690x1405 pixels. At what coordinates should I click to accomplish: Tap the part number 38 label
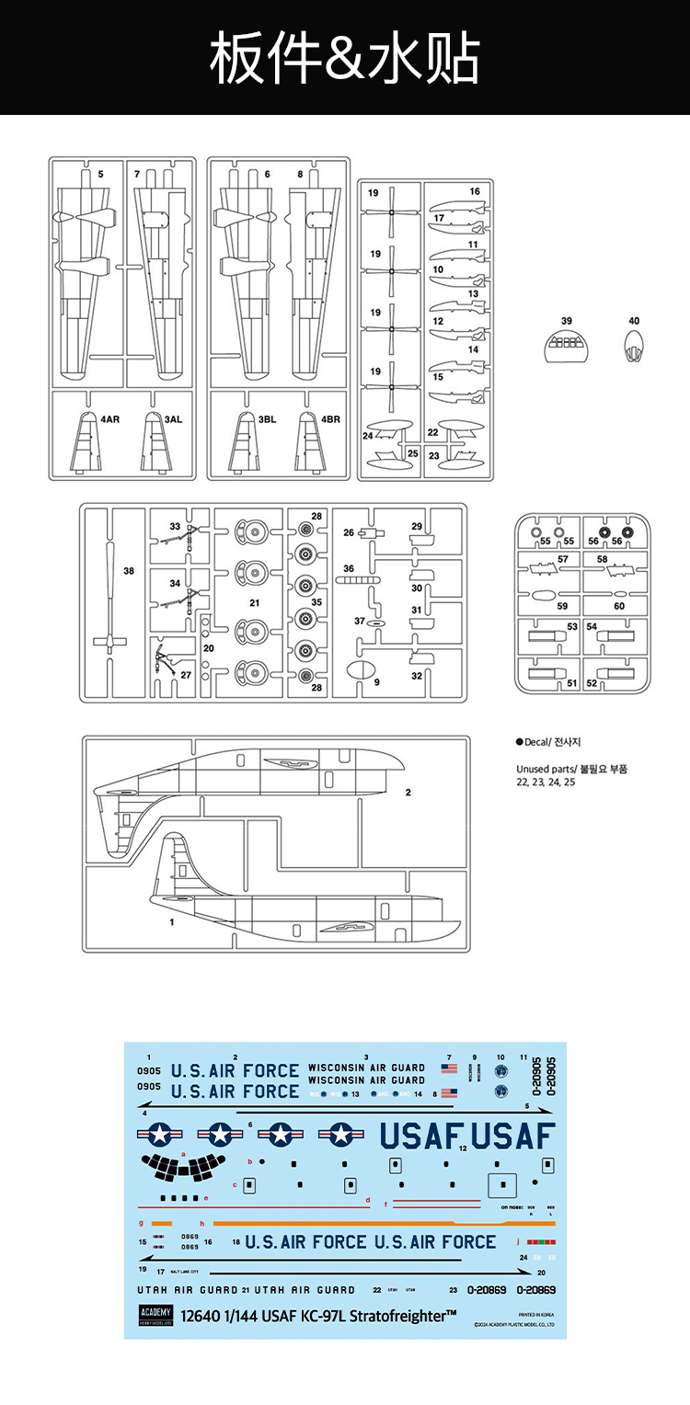(129, 571)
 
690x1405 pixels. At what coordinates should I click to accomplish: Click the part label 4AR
(110, 419)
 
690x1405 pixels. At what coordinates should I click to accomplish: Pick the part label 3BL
(267, 419)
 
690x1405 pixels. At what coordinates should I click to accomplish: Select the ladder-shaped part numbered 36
(356, 581)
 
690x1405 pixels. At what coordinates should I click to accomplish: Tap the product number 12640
(201, 1316)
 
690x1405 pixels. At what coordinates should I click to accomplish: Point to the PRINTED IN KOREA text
(535, 1315)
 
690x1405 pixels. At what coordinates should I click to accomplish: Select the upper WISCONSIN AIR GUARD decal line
(366, 1068)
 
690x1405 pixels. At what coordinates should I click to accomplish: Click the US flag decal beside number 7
(449, 1068)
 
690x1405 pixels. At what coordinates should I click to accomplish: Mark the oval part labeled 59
(539, 595)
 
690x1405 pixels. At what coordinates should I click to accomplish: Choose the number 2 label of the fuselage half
(408, 792)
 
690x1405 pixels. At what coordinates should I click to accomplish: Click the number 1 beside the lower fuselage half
(172, 920)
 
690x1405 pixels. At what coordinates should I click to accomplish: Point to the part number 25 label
(413, 453)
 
